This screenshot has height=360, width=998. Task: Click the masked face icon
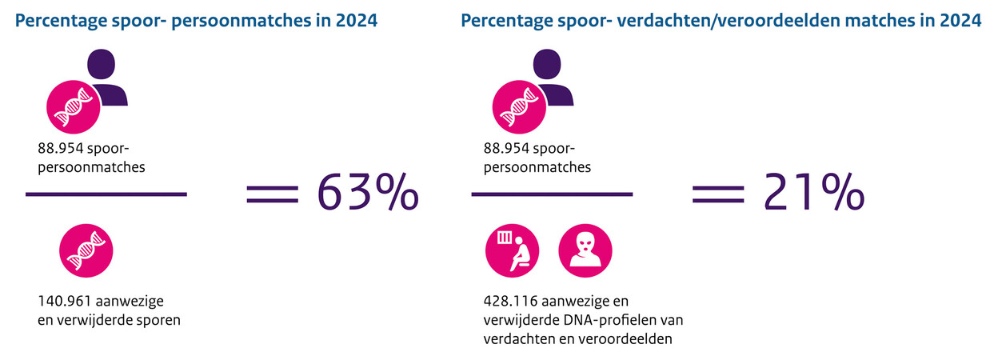point(584,250)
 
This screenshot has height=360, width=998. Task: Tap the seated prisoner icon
point(513,250)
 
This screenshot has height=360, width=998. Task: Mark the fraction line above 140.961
point(106,194)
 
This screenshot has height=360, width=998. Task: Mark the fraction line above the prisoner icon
point(553,194)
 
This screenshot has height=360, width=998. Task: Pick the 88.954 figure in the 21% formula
point(506,149)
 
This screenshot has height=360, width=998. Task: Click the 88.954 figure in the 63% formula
point(60,149)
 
